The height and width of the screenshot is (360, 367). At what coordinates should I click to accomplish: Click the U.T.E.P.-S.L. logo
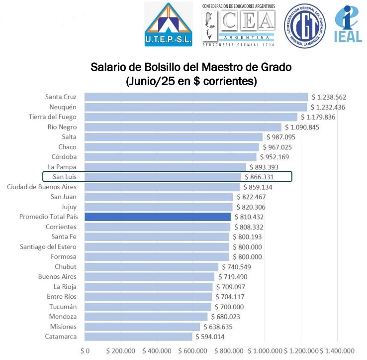168,25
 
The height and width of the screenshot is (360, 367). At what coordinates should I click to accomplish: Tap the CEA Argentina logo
238,25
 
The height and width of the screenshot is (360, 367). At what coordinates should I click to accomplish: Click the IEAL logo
349,24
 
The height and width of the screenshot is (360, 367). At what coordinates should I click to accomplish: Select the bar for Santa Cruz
196,97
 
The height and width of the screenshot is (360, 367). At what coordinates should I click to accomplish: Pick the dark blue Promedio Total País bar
158,217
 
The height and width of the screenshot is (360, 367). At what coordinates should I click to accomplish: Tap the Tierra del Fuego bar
191,117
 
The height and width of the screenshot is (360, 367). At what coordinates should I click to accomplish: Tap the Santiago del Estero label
48,247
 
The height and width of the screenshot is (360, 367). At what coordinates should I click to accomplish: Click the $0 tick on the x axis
85,351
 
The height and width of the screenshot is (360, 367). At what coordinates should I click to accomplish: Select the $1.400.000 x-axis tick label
338,351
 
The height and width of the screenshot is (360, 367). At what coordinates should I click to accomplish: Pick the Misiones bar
142,327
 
